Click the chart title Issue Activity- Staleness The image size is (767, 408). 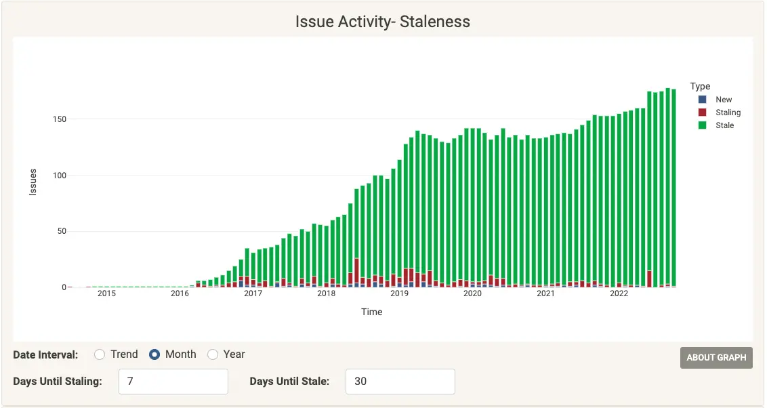tap(382, 22)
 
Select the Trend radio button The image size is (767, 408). tap(100, 354)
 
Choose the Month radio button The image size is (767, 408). tap(154, 354)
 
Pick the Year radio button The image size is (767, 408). tap(213, 354)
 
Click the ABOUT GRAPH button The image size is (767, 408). tap(716, 358)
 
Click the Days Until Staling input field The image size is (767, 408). tap(173, 382)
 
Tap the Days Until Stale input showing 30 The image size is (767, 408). tap(400, 382)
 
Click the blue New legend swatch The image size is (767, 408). tap(703, 100)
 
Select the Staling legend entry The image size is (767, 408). tap(728, 113)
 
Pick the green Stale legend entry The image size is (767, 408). tap(724, 125)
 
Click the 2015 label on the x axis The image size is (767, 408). tap(106, 293)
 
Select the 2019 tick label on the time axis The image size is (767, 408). tap(399, 293)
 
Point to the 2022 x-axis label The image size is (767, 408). tap(619, 293)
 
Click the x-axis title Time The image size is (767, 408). tap(371, 312)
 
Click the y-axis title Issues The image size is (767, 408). tap(33, 182)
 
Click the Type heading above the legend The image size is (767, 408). tap(700, 86)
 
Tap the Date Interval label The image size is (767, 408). tap(45, 354)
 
